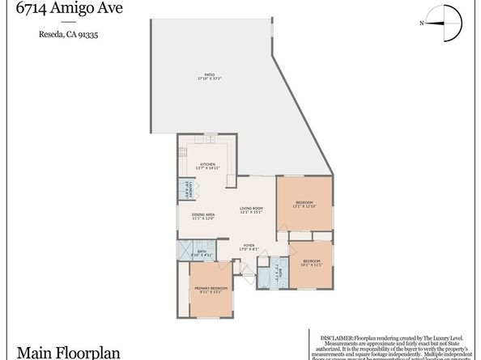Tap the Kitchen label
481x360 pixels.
point(208,164)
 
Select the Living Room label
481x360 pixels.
point(252,209)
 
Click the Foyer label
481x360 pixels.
point(247,245)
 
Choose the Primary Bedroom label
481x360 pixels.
point(210,288)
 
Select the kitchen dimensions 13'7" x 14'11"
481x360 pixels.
point(208,168)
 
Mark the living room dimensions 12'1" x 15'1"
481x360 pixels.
point(252,213)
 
